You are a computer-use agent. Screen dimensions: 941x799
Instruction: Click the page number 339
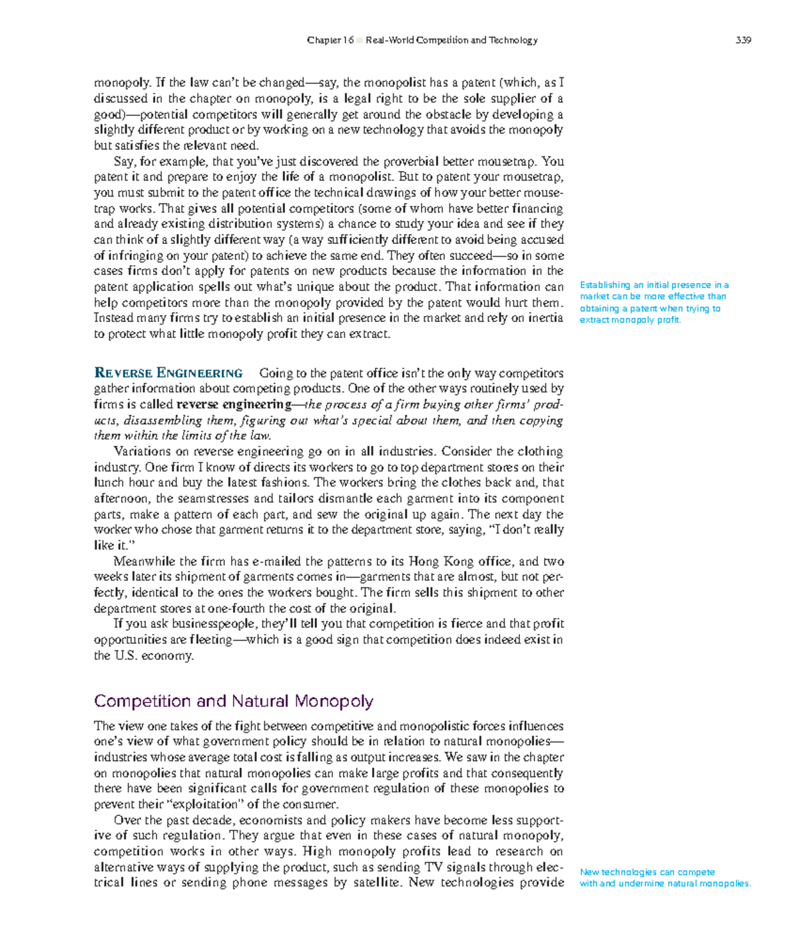(743, 40)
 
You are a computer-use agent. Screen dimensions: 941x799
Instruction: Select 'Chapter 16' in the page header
(330, 40)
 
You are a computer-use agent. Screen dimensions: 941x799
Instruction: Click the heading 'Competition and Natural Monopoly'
(233, 701)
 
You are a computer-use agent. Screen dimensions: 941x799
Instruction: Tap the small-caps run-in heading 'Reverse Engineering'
(168, 373)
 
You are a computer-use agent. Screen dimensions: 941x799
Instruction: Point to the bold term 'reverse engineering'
(233, 405)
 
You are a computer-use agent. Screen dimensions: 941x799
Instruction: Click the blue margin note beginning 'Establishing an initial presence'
(654, 302)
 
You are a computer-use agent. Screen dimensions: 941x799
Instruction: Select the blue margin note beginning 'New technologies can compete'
(665, 878)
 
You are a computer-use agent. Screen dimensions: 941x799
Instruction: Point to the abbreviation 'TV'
(432, 867)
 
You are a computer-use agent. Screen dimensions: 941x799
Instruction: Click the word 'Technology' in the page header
(513, 40)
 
